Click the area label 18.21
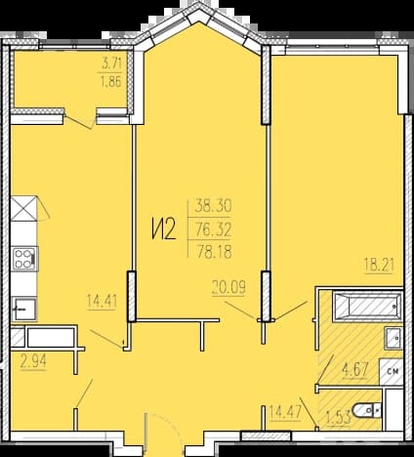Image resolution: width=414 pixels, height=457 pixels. click(380, 266)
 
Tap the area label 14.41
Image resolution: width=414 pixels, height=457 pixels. click(102, 301)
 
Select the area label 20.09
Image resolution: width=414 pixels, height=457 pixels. click(228, 287)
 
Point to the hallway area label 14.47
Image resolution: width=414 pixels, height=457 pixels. click(285, 412)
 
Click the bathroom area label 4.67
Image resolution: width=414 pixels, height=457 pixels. click(354, 370)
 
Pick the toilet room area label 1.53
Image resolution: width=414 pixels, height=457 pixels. click(339, 418)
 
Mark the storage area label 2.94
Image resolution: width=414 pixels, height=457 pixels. click(33, 361)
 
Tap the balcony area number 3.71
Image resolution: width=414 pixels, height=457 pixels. click(111, 63)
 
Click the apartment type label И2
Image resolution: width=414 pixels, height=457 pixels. click(163, 229)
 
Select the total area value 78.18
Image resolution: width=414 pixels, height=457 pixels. click(214, 252)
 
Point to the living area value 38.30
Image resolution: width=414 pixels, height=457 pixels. click(213, 206)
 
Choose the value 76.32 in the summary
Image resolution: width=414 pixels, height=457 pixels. click(214, 230)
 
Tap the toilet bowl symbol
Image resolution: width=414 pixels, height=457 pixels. click(366, 410)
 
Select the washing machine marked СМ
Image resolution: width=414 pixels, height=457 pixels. click(392, 371)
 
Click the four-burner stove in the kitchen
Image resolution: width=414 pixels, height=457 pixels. click(24, 259)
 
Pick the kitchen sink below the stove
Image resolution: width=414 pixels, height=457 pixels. click(24, 309)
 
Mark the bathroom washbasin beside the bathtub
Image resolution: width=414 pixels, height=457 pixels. click(393, 338)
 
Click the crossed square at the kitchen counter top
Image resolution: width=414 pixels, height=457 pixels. click(23, 209)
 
